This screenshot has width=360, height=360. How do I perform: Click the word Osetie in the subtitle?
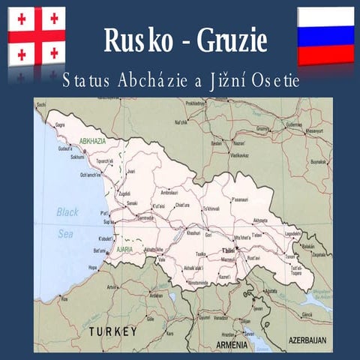click(274, 79)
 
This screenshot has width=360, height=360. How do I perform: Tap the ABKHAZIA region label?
click(90, 140)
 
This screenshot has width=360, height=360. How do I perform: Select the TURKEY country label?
click(112, 331)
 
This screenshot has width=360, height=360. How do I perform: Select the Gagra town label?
click(61, 125)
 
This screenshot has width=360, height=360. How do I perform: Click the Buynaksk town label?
click(319, 161)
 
